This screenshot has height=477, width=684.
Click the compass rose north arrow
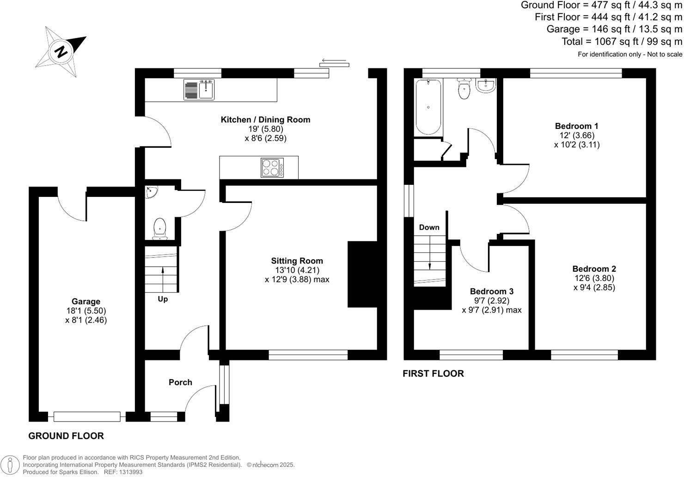[61, 51]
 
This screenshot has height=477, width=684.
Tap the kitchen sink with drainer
[199, 89]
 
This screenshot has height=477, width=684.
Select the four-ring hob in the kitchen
[272, 168]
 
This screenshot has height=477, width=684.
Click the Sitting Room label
[297, 261]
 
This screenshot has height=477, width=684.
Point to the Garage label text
[85, 301]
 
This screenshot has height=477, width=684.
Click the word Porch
[180, 382]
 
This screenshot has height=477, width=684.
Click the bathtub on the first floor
[428, 107]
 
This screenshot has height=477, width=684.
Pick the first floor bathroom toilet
[464, 89]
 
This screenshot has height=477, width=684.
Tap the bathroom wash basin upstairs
[485, 86]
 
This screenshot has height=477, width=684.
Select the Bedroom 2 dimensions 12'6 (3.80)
[594, 278]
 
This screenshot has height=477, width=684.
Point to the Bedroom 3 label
[492, 291]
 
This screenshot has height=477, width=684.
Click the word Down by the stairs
[429, 227]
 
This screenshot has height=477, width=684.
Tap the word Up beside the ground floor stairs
[163, 299]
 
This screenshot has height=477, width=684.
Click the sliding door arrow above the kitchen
[334, 61]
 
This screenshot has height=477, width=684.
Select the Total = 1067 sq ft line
[622, 42]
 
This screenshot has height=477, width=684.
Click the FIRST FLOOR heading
[433, 373]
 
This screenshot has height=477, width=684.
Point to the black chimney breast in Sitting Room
[362, 274]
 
